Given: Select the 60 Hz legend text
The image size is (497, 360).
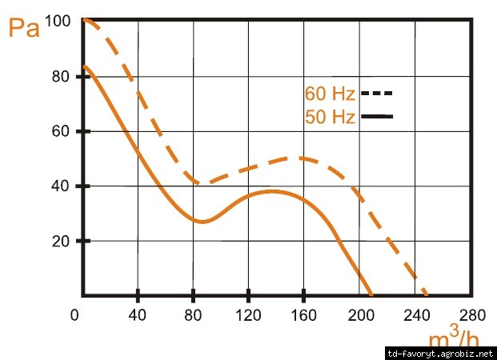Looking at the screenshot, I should point(330,94).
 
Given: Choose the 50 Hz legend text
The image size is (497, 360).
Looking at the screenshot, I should point(330,117).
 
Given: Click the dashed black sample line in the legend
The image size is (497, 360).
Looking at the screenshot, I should point(377,93).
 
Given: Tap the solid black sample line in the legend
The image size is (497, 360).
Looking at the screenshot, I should point(377,117).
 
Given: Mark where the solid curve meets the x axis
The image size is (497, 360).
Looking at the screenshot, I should point(371,294).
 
